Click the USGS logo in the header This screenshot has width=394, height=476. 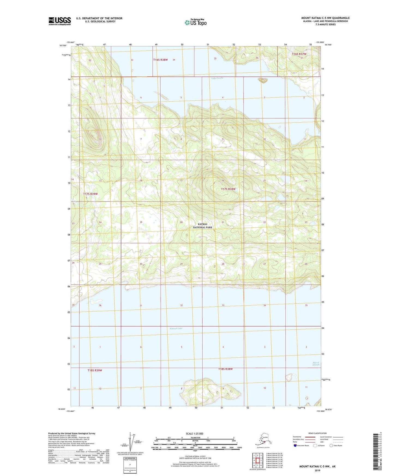coord(59,21)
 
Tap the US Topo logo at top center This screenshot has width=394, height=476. coord(195,22)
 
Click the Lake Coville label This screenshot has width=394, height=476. coord(217,78)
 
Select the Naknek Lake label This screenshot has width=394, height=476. coord(176,328)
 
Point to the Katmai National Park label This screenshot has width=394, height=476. coord(203,226)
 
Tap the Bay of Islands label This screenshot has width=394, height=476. coord(316,363)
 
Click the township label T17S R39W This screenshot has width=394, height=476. coord(90,194)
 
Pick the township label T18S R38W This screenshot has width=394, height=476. coord(225,369)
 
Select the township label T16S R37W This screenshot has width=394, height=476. coord(299,54)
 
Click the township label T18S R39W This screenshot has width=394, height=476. coord(95,370)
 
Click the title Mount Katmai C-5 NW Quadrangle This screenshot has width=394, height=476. coord(325,18)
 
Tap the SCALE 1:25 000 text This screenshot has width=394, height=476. coord(194,433)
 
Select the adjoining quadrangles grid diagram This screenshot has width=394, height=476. coord(257,460)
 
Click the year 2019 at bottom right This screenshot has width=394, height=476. coord(317,470)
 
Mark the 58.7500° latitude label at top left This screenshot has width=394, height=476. coord(63,46)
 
